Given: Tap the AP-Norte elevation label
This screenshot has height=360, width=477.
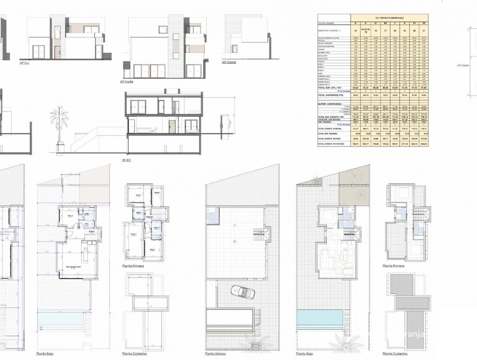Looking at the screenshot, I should [x=127, y=82].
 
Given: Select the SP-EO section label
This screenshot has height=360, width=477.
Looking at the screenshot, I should [x=126, y=160].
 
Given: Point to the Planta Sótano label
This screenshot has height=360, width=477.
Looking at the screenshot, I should [x=215, y=354].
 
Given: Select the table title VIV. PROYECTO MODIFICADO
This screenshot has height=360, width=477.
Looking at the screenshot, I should [x=389, y=18].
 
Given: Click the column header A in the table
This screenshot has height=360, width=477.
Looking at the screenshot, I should [x=356, y=23].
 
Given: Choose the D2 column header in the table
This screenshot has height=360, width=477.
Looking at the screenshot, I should [x=424, y=23].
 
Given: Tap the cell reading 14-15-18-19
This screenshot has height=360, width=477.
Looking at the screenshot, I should [x=365, y=31].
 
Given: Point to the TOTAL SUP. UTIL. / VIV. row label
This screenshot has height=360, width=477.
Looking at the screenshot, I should [x=333, y=88].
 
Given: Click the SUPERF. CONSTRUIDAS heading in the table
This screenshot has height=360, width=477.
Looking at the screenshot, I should [x=329, y=104].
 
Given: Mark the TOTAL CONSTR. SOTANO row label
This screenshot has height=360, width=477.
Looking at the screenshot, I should [x=333, y=138].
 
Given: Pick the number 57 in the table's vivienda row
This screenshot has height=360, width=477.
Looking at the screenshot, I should [x=424, y=31].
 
